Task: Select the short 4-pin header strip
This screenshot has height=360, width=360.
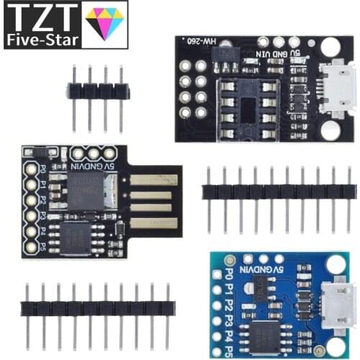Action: [x=97, y=91]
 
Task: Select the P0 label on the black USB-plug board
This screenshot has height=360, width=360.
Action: [x=43, y=171]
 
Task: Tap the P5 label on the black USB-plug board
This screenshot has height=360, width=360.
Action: [x=43, y=244]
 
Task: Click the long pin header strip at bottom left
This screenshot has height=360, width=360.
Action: [x=97, y=308]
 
